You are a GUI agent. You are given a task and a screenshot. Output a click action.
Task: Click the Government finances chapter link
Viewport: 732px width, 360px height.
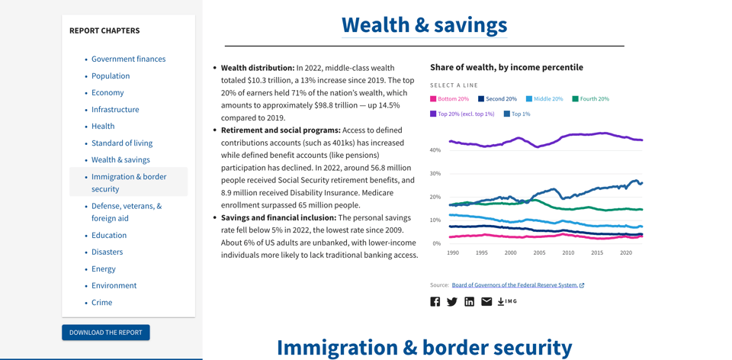(128, 59)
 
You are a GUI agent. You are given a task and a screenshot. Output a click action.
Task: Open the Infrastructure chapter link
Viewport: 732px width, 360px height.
(115, 109)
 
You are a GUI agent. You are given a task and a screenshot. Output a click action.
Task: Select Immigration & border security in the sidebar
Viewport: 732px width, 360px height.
(128, 182)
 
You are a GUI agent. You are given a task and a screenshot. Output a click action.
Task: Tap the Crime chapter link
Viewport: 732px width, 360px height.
(101, 302)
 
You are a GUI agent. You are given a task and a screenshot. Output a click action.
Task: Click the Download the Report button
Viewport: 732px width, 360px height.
(106, 333)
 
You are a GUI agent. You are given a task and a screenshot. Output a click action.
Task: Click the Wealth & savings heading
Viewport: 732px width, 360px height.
(424, 24)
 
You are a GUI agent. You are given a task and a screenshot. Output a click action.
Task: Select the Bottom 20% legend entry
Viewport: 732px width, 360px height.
(449, 99)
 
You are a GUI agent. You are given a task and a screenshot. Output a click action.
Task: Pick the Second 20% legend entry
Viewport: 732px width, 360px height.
(497, 99)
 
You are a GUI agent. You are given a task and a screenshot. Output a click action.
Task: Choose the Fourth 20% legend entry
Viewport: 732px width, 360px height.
(590, 99)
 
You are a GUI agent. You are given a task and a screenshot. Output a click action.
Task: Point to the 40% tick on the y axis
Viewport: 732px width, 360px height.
(435, 150)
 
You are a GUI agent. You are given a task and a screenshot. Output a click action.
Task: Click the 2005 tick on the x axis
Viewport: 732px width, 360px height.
(539, 253)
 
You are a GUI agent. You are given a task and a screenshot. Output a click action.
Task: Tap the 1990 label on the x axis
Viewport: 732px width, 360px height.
(453, 253)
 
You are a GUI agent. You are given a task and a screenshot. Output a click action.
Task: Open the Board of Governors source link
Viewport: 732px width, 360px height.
(515, 285)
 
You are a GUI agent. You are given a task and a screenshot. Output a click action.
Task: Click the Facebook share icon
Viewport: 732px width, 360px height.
(435, 302)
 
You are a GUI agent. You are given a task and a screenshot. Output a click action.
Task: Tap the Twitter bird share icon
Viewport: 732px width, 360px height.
(452, 302)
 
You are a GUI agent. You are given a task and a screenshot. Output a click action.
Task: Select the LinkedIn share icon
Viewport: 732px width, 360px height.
(469, 302)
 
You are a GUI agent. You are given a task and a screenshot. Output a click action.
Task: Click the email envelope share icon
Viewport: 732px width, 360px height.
(486, 302)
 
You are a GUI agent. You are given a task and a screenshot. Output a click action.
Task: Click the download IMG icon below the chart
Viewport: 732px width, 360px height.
(507, 302)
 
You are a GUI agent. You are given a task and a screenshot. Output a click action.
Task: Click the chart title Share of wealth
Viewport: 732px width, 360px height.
(506, 67)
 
